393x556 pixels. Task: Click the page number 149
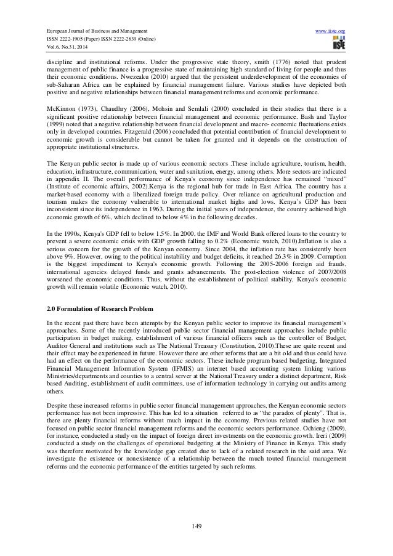point(197,525)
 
